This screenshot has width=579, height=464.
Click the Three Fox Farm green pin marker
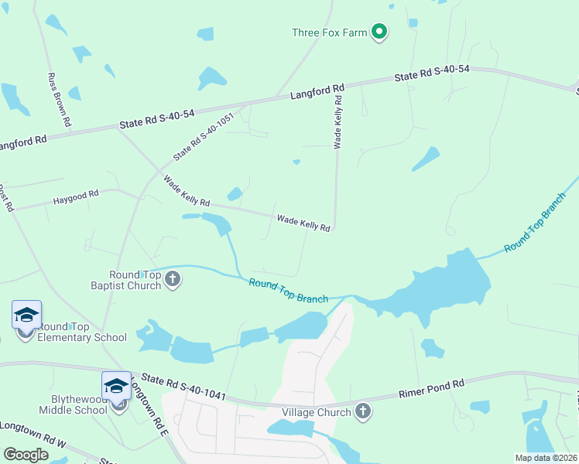[x=379, y=32]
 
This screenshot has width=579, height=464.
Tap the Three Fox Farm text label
[x=329, y=32]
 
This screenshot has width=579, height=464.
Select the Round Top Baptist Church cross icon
[x=172, y=279]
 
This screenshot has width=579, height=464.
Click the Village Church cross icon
[x=362, y=411]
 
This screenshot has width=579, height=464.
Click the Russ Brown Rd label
[x=60, y=100]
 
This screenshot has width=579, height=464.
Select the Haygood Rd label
[x=76, y=199]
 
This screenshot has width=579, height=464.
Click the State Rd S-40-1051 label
[x=203, y=138]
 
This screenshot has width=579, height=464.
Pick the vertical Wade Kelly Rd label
[x=337, y=118]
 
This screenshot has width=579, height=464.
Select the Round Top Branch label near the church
[x=288, y=291]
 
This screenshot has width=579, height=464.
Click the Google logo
[x=26, y=454]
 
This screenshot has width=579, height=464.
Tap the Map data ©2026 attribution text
[x=545, y=458]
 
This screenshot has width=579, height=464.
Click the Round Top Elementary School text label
[x=81, y=333]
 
